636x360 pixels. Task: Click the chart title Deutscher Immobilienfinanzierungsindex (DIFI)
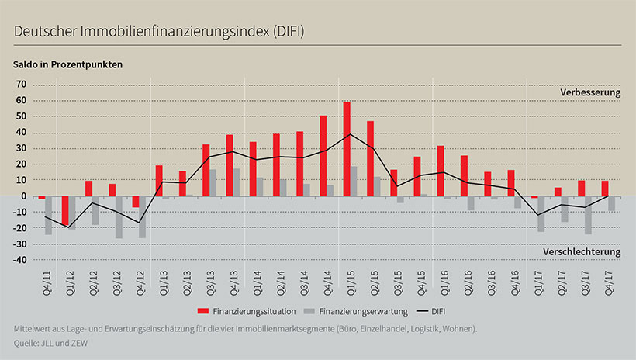pyautogui.click(x=158, y=31)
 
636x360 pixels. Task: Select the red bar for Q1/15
pyautogui.click(x=347, y=149)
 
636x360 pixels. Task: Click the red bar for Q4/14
pyautogui.click(x=323, y=156)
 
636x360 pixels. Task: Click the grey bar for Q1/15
pyautogui.click(x=354, y=181)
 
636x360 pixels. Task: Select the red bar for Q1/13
pyautogui.click(x=158, y=181)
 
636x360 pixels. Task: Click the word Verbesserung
pyautogui.click(x=591, y=92)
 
